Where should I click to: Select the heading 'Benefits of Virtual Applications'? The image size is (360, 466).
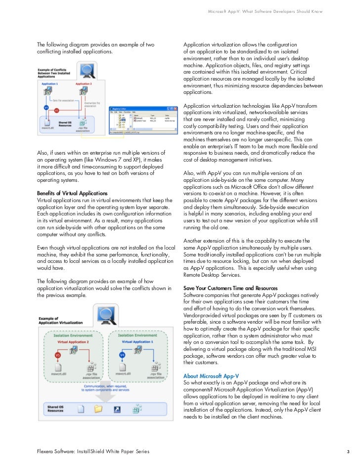pos(72,193)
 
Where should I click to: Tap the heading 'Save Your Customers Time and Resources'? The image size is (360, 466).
pos(230,288)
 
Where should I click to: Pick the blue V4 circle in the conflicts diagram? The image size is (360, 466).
pos(46,107)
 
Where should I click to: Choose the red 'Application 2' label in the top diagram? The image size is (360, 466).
pos(83,85)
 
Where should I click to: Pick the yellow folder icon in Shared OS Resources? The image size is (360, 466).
pos(97,409)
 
